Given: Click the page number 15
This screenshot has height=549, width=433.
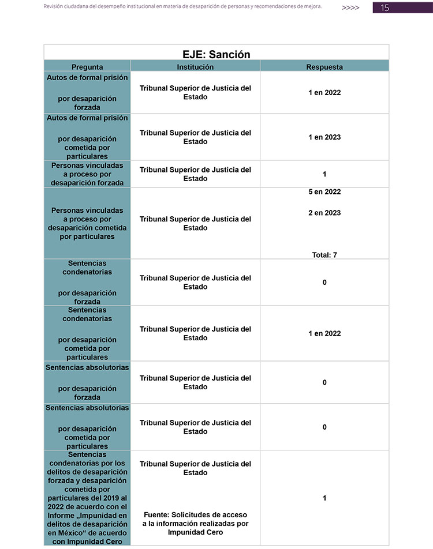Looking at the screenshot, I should pyautogui.click(x=385, y=7).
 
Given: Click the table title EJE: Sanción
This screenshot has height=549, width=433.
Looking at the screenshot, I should pyautogui.click(x=216, y=54).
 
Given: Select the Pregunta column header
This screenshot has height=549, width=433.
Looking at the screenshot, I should pyautogui.click(x=87, y=67).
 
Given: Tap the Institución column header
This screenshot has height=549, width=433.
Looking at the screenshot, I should pyautogui.click(x=195, y=67).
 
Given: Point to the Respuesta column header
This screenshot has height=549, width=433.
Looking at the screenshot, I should pyautogui.click(x=324, y=67).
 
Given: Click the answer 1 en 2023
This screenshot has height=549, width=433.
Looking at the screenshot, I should pyautogui.click(x=324, y=137).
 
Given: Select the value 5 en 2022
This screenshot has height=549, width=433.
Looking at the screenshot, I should pyautogui.click(x=324, y=192).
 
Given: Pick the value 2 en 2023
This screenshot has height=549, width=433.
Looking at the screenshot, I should pyautogui.click(x=324, y=213).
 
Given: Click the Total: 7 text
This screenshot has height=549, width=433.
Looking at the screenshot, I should pyautogui.click(x=324, y=254).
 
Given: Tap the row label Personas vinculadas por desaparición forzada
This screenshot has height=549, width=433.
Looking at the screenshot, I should pyautogui.click(x=87, y=174).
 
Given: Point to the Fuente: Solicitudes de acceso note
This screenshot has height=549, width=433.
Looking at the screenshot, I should pyautogui.click(x=195, y=524).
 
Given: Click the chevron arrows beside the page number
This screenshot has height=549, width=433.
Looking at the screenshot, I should pyautogui.click(x=350, y=8).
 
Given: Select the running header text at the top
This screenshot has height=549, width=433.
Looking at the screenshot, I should pyautogui.click(x=182, y=7).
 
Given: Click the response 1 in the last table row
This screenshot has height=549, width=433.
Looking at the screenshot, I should pyautogui.click(x=324, y=498).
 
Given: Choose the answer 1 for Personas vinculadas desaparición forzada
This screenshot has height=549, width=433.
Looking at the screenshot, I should pyautogui.click(x=324, y=174).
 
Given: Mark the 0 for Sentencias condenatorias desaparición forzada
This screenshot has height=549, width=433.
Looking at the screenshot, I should pyautogui.click(x=324, y=283).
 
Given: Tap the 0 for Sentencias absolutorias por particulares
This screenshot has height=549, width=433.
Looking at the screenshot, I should pyautogui.click(x=324, y=427).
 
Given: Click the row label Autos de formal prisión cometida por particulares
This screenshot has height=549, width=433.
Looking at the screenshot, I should pyautogui.click(x=87, y=137).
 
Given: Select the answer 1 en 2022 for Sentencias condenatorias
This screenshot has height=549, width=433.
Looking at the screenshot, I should pyautogui.click(x=324, y=333).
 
